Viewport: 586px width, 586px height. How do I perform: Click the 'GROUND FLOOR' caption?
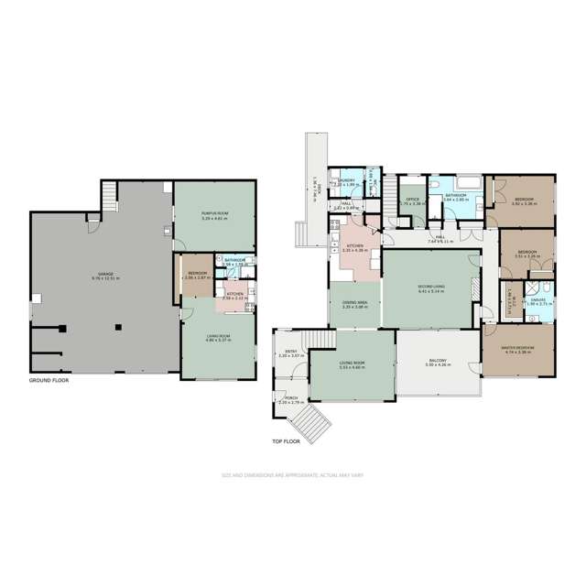tap(48, 379)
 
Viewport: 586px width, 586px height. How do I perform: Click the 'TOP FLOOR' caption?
tap(286, 441)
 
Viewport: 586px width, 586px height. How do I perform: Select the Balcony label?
tap(438, 362)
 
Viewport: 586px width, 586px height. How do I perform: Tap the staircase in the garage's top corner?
tap(109, 191)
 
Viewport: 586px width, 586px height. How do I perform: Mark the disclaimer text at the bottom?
tap(292, 474)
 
